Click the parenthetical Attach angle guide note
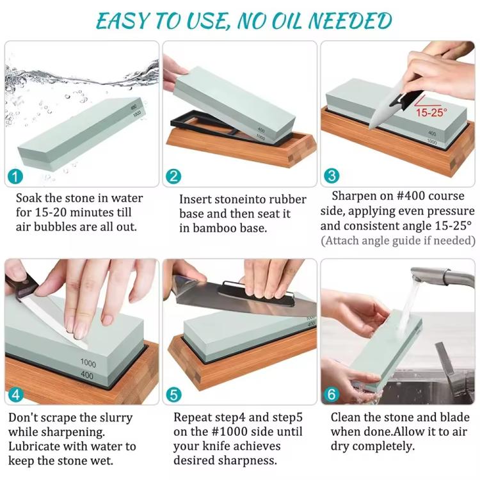pos(398,241)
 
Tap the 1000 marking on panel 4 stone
pos(88,363)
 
